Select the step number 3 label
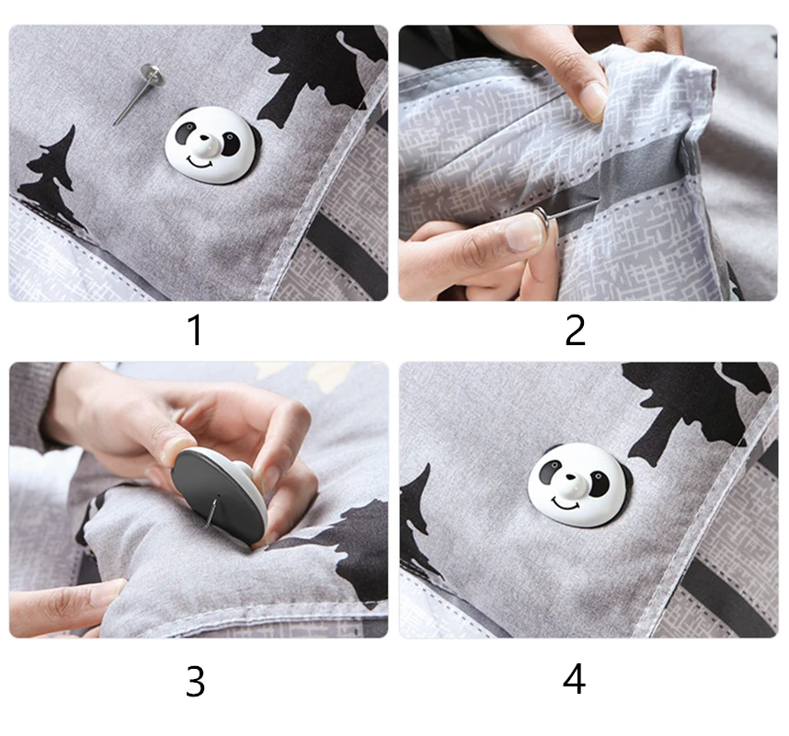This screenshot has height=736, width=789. pos(195,681)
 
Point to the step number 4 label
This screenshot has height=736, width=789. pos(574,679)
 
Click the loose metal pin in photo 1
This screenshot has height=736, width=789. pos(138,94)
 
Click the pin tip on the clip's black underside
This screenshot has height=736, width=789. pos(212,511)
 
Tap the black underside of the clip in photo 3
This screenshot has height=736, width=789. pos(217,496)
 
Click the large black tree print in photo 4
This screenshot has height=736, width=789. pos(694,408)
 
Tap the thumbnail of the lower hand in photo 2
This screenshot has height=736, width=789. pos(521,233)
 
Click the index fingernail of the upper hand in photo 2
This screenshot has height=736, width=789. pos(593,100)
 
